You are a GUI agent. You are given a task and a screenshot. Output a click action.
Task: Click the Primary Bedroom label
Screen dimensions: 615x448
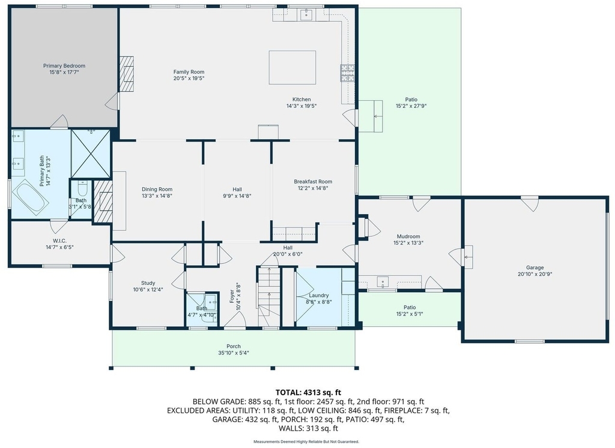tap(64, 66)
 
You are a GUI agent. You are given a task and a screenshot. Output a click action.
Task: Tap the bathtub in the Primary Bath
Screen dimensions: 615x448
tap(30, 197)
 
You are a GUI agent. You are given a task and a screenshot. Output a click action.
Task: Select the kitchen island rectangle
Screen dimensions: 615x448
tap(292, 67)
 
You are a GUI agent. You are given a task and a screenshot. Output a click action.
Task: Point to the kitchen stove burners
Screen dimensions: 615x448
tap(347, 73)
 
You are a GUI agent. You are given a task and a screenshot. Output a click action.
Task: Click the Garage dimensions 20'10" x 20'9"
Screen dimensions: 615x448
tap(535, 274)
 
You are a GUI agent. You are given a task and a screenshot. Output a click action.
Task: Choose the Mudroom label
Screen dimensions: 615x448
tap(408, 236)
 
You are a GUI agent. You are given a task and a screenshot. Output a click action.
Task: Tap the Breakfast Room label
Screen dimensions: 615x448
tap(313, 182)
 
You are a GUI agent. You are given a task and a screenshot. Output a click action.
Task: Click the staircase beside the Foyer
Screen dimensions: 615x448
tap(268, 296)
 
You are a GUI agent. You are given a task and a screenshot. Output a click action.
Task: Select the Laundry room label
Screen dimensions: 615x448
tap(319, 295)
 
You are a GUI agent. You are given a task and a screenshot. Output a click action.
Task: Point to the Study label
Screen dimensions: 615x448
tap(148, 283)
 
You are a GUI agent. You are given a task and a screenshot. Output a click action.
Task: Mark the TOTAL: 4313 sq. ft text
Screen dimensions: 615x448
tap(308, 392)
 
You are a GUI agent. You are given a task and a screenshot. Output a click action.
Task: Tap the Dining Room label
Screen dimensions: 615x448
tap(157, 190)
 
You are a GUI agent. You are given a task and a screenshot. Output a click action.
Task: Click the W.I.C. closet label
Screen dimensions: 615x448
tap(59, 241)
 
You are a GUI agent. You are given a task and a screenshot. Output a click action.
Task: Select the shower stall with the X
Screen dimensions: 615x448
tap(91, 154)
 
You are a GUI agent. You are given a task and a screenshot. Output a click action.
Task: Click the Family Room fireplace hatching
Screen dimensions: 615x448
tap(126, 74)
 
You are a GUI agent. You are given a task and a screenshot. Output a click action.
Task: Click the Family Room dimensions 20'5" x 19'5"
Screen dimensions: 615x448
tap(189, 79)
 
